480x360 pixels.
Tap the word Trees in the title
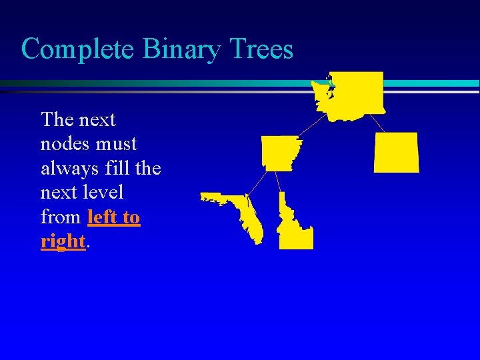(x=264, y=49)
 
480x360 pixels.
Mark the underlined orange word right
(x=63, y=241)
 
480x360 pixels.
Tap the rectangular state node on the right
(x=397, y=152)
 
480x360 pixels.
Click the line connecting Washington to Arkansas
(x=312, y=126)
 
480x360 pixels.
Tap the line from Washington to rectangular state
(x=377, y=123)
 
